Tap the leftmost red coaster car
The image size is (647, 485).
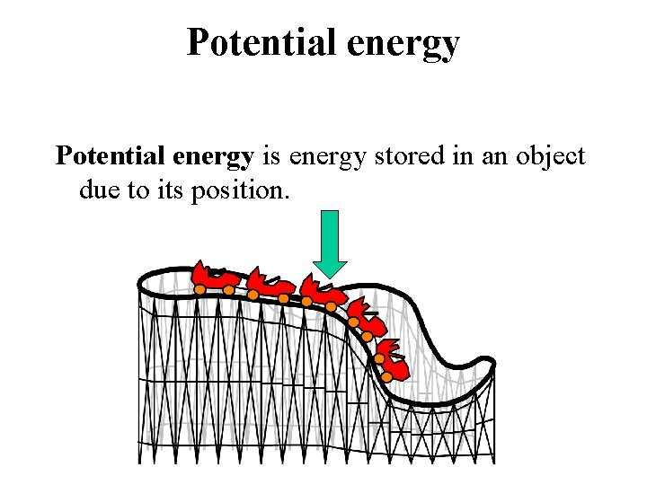coord(214,278)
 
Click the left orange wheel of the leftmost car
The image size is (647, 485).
coord(199,289)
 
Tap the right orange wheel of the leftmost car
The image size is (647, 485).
coord(229,289)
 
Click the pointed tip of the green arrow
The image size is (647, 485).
coord(331,276)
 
